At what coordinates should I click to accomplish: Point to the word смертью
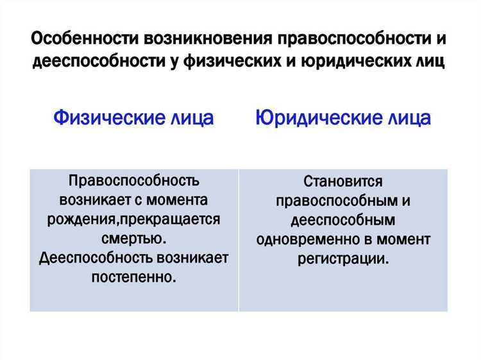(133, 239)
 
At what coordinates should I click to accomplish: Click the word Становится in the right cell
(343, 182)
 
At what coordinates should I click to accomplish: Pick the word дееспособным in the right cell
(343, 220)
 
